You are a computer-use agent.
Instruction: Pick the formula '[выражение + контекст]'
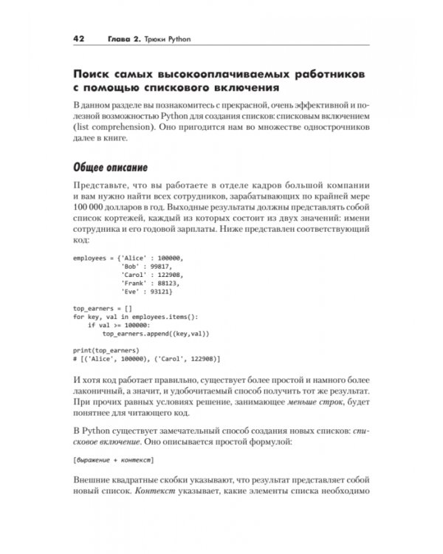pyautogui.click(x=114, y=459)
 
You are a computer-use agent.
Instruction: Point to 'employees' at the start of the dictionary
pyautogui.click(x=90, y=258)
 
